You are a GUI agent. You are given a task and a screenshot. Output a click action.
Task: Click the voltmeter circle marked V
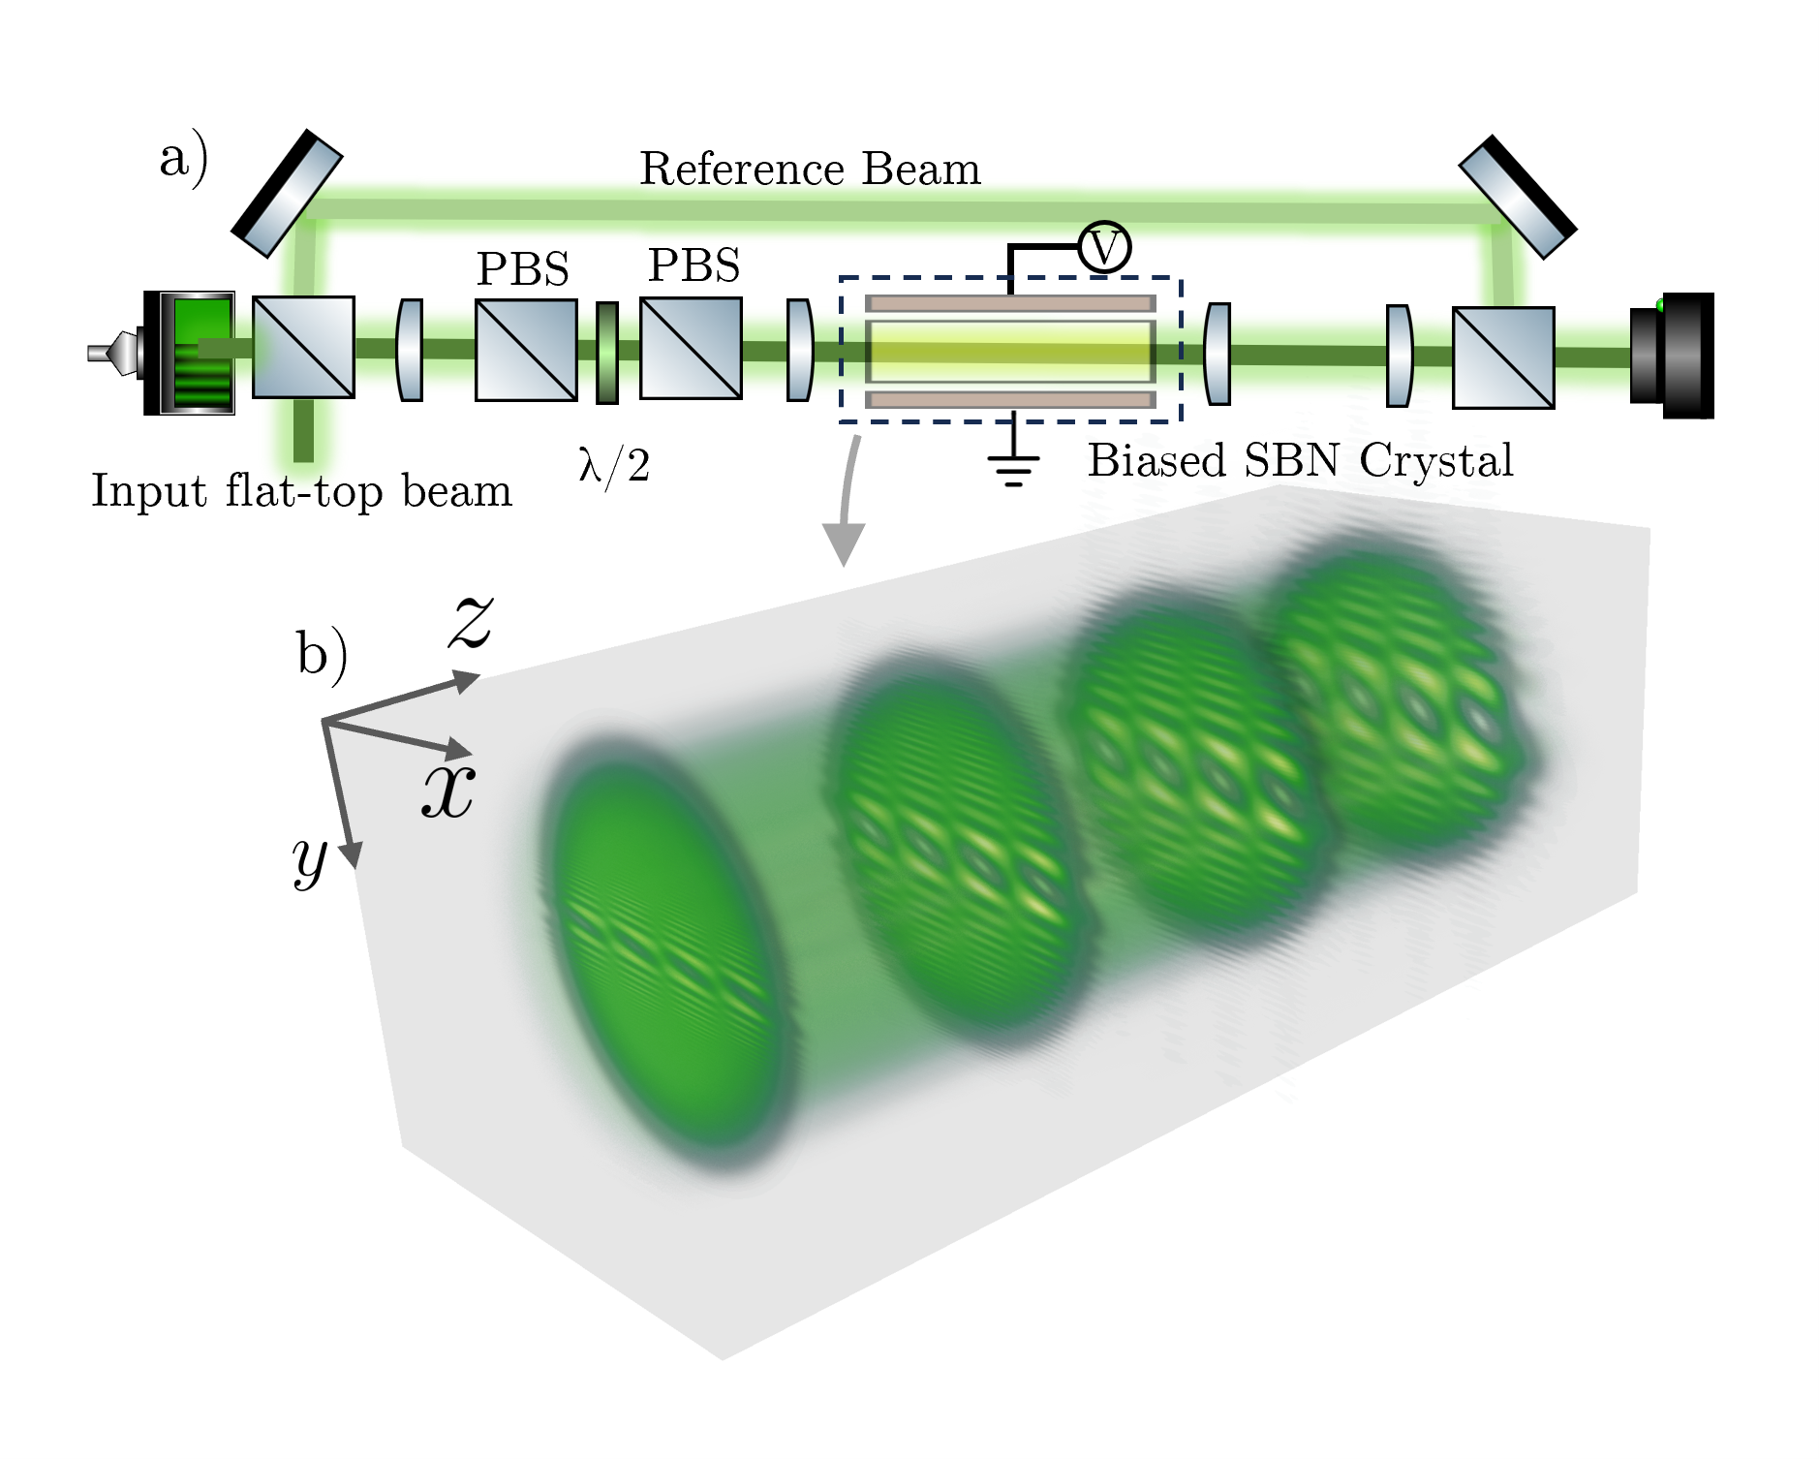click(1104, 247)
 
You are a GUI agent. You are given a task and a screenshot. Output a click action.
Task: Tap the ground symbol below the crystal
click(1013, 465)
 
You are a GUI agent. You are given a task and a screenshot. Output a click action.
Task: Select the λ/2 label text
click(614, 466)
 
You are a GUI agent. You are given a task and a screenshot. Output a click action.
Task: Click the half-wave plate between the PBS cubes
click(607, 353)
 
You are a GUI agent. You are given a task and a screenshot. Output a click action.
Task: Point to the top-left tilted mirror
click(287, 193)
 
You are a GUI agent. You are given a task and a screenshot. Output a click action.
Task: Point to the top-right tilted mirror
click(1518, 197)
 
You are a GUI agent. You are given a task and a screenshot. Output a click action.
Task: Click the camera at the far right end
click(1674, 356)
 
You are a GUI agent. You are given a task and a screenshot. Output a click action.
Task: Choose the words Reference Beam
click(810, 170)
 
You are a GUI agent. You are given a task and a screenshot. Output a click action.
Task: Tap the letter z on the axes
click(472, 621)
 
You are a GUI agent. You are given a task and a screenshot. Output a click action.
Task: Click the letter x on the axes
click(448, 791)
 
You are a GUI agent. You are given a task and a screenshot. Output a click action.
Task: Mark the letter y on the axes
click(310, 860)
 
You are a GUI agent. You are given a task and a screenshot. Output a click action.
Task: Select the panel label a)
click(183, 158)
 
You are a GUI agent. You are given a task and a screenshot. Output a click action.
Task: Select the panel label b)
click(322, 655)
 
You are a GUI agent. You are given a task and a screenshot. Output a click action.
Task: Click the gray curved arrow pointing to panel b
click(846, 504)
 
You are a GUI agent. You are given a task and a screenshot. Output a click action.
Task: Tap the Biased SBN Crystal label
click(1300, 460)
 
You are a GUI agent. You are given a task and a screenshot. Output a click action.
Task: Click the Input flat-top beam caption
click(301, 491)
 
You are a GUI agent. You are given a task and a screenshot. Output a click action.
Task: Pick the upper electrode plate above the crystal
click(1010, 303)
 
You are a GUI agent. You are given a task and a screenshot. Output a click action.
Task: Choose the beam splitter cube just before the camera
click(1503, 357)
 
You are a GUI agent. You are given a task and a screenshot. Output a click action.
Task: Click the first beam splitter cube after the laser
click(303, 347)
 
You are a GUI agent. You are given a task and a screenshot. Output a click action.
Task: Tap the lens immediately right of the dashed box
click(1218, 354)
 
